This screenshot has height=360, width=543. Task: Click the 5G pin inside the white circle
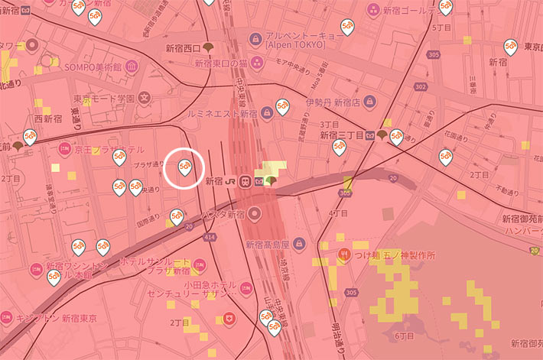[184, 167]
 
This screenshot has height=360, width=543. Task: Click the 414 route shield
[210, 238]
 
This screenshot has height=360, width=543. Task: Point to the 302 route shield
[420, 87]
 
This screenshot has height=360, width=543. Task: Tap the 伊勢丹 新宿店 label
[332, 102]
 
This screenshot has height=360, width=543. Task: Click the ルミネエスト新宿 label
[223, 113]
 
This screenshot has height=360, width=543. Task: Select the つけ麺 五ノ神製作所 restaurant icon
[345, 255]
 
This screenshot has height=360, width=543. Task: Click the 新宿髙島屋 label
[268, 245]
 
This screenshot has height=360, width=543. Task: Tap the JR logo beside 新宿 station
[229, 181]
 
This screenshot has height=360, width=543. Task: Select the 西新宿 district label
[48, 118]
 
